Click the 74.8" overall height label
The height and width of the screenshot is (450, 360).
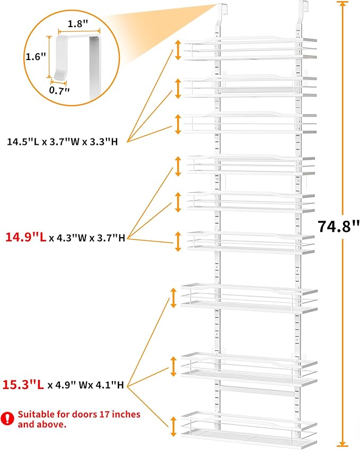pos(338,227)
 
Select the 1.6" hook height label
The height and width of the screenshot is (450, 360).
pos(36,56)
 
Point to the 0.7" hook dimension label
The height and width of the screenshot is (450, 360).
pos(59,90)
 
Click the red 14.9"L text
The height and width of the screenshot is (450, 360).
pos(26,238)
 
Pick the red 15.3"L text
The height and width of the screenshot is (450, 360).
pos(23,385)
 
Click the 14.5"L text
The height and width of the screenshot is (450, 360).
pos(23,142)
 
